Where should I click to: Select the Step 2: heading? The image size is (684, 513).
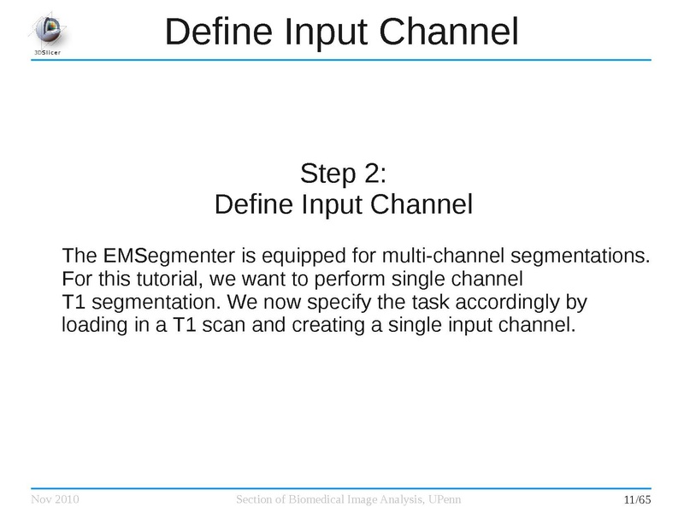344,174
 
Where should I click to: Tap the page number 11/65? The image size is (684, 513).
638,499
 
